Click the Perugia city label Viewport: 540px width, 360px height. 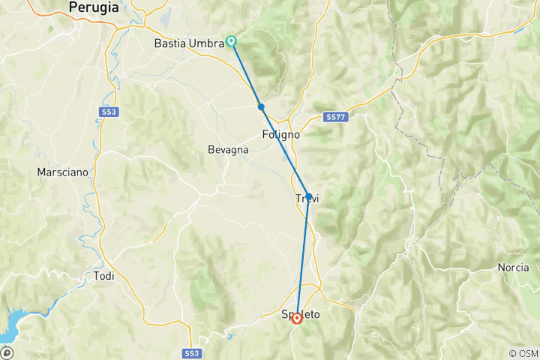pyautogui.click(x=93, y=7)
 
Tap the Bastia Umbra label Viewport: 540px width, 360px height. pyautogui.click(x=189, y=43)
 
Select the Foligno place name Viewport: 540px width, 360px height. pyautogui.click(x=281, y=135)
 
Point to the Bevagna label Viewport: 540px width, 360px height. pyautogui.click(x=228, y=150)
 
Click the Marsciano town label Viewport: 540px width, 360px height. pyautogui.click(x=62, y=172)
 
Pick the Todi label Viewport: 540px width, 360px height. pyautogui.click(x=103, y=276)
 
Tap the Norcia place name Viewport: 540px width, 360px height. pyautogui.click(x=513, y=268)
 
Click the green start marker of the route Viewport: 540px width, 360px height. pyautogui.click(x=232, y=41)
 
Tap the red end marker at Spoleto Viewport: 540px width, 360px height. pyautogui.click(x=297, y=318)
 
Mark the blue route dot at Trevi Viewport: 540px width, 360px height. pyautogui.click(x=308, y=196)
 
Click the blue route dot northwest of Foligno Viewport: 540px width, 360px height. pyautogui.click(x=261, y=106)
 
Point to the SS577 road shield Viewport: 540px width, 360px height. pyautogui.click(x=334, y=118)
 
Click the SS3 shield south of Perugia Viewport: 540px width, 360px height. pyautogui.click(x=107, y=111)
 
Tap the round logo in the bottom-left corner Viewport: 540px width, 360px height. pyautogui.click(x=7, y=352)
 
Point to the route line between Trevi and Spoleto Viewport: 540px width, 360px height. pyautogui.click(x=303, y=255)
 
